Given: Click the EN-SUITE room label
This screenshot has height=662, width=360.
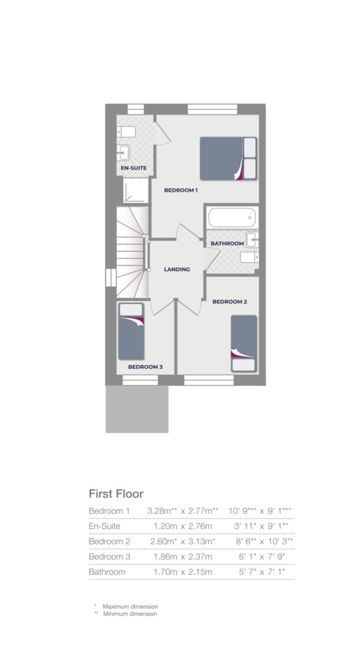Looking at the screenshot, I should tap(132, 167).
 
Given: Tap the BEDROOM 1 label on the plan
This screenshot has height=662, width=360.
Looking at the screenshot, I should tap(181, 190).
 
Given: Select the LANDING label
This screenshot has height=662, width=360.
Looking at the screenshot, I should tap(177, 269).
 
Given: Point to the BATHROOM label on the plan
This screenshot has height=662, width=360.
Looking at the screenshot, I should tap(227, 243).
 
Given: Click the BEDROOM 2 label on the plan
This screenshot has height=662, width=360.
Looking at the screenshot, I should tap(229, 302).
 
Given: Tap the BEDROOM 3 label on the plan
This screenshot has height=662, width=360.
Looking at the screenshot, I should tap(145, 367).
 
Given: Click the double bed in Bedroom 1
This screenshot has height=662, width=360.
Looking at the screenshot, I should tap(228, 158).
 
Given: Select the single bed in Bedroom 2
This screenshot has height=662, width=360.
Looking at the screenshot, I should tap(243, 343).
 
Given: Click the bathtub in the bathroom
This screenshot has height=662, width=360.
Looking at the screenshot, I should tap(232, 217).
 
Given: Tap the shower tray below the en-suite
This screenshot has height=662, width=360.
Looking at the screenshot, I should tap(136, 191).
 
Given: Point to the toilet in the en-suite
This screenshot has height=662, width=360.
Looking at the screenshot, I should tap(127, 131).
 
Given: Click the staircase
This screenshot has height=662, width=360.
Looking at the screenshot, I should tap(132, 251).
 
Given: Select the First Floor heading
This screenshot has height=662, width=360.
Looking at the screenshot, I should tap(116, 493).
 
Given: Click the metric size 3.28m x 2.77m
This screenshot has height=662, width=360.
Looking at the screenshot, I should tap(183, 511).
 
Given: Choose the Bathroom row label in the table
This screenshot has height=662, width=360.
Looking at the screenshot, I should tap(107, 572).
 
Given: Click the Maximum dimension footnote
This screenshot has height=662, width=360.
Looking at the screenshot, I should tap(130, 606).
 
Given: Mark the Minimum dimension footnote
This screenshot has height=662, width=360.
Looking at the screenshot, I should tap(129, 614).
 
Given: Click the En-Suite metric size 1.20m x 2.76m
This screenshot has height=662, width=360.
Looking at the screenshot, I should tap(183, 526).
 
